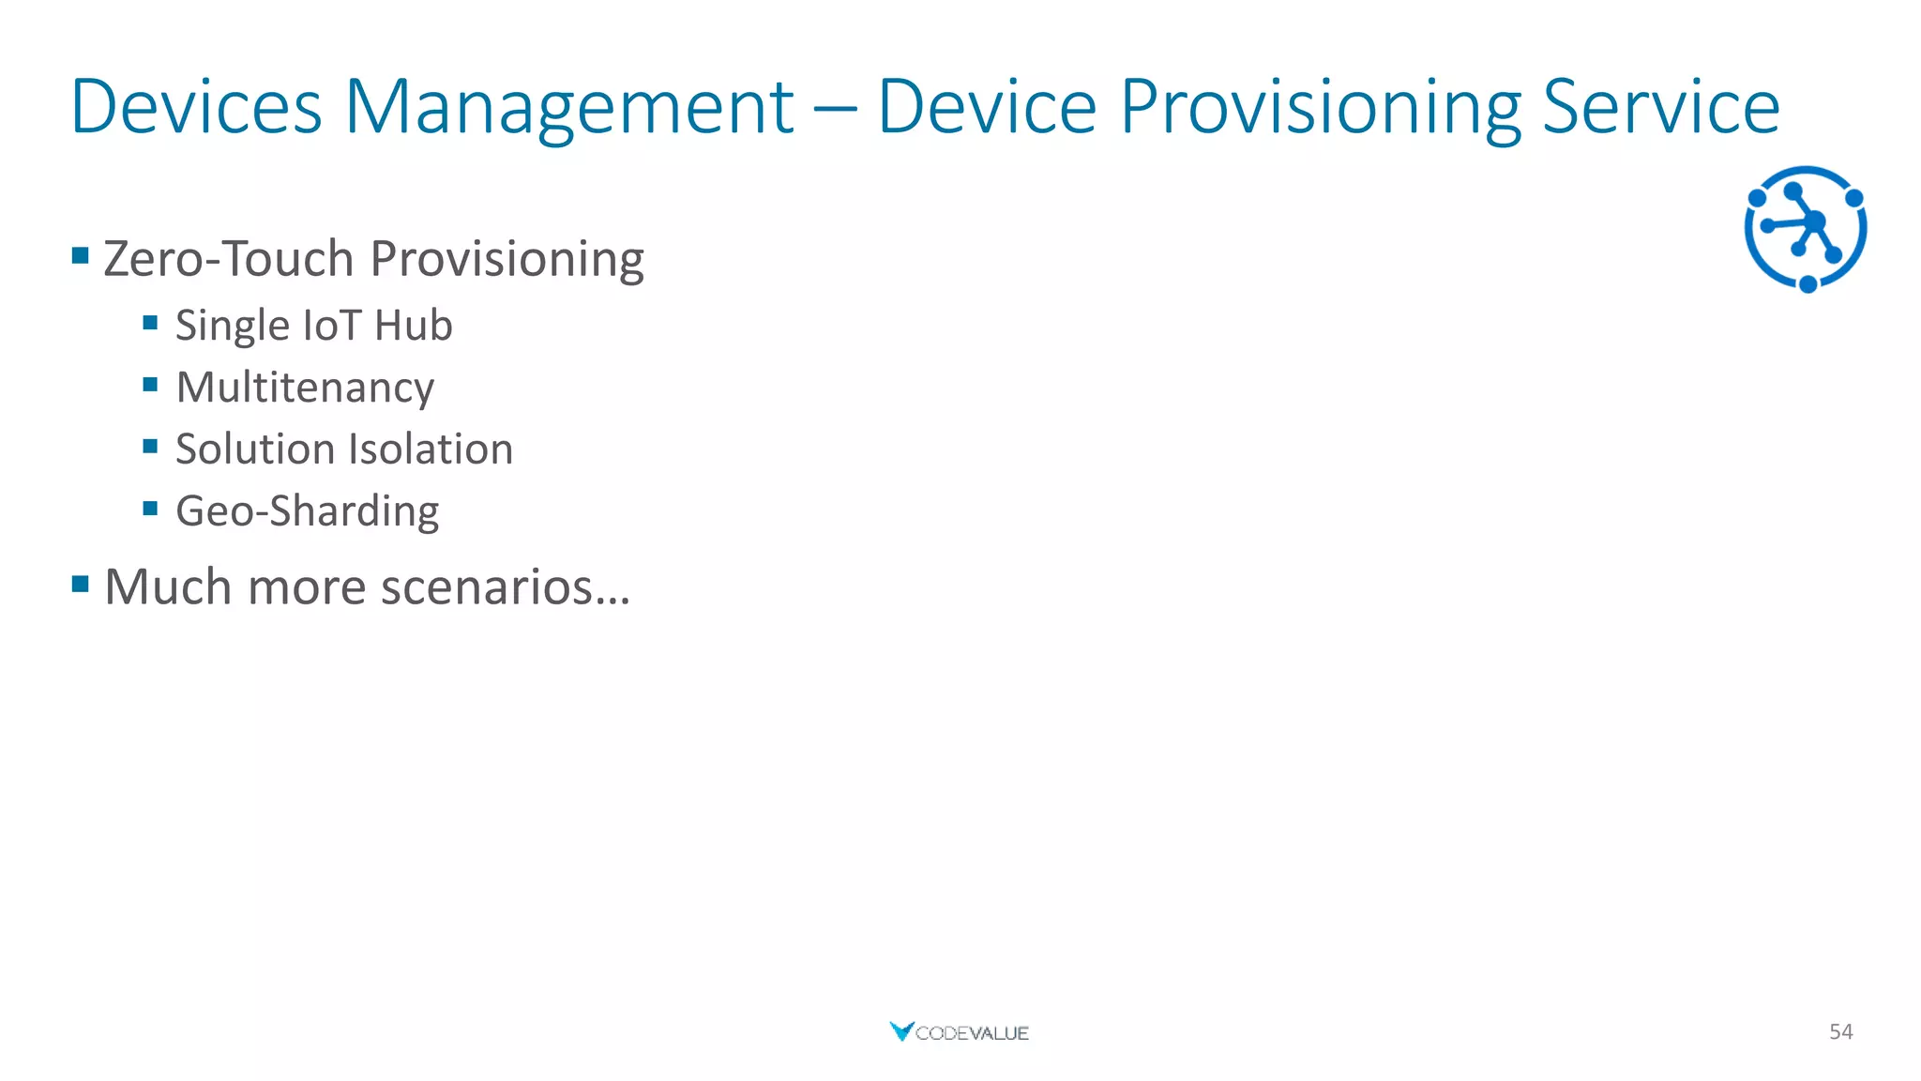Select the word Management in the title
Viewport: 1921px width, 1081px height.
(x=569, y=108)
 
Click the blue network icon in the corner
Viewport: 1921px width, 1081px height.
(x=1806, y=229)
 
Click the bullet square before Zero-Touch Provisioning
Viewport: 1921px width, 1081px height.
(x=81, y=255)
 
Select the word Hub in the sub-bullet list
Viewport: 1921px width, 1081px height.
(x=413, y=326)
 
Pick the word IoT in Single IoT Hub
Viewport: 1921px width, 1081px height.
(x=332, y=326)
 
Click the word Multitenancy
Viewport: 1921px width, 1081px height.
(x=305, y=388)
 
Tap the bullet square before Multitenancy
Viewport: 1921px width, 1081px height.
(x=150, y=385)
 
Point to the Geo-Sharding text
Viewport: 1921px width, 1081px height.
(x=307, y=511)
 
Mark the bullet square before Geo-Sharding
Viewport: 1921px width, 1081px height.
(x=150, y=509)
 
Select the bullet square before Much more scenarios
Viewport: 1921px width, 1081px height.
(x=81, y=585)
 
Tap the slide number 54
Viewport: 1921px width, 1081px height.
(x=1840, y=1031)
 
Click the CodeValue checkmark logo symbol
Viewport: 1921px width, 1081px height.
(x=900, y=1031)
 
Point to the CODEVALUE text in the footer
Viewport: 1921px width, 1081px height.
(x=972, y=1033)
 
